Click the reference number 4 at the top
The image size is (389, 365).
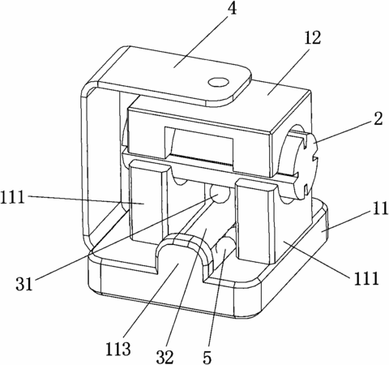point(231,9)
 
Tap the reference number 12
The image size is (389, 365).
point(313,38)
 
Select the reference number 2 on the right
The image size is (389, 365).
point(378,118)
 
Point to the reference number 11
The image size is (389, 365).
point(380,208)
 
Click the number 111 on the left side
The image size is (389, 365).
point(12,197)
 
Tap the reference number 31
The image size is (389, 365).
point(24,284)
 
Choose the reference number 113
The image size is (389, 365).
point(118,349)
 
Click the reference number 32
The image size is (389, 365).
point(165,357)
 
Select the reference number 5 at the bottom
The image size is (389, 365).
point(207,357)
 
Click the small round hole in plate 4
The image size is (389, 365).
point(219,82)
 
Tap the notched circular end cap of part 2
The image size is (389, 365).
point(306,164)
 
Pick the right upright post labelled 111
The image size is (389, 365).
point(255,221)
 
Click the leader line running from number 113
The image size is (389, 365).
point(151,299)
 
